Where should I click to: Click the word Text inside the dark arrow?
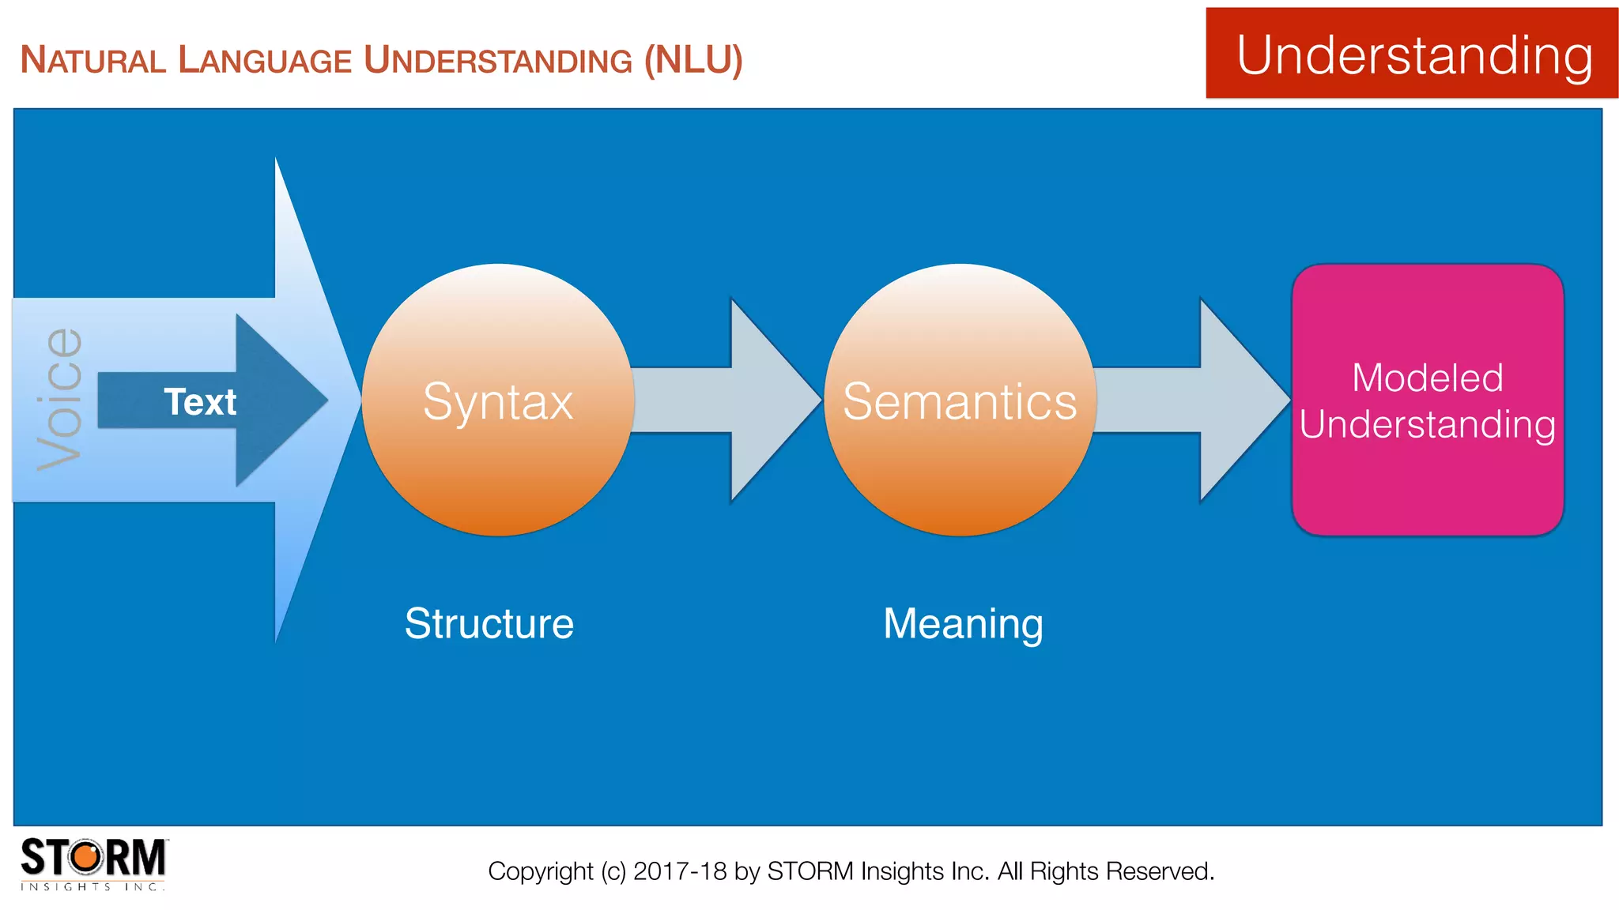pyautogui.click(x=200, y=401)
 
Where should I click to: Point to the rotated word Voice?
pyautogui.click(x=60, y=399)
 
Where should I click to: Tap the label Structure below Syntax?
pyautogui.click(x=489, y=623)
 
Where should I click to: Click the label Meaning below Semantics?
pyautogui.click(x=963, y=623)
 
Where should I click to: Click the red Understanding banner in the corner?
pyautogui.click(x=1412, y=54)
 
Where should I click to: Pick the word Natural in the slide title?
pyautogui.click(x=92, y=60)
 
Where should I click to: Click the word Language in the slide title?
pyautogui.click(x=265, y=60)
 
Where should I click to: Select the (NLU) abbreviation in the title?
pyautogui.click(x=693, y=60)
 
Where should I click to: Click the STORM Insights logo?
pyautogui.click(x=93, y=863)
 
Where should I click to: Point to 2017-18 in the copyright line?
pyautogui.click(x=680, y=871)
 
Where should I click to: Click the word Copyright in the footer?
pyautogui.click(x=540, y=871)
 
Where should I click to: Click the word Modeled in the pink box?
pyautogui.click(x=1428, y=377)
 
